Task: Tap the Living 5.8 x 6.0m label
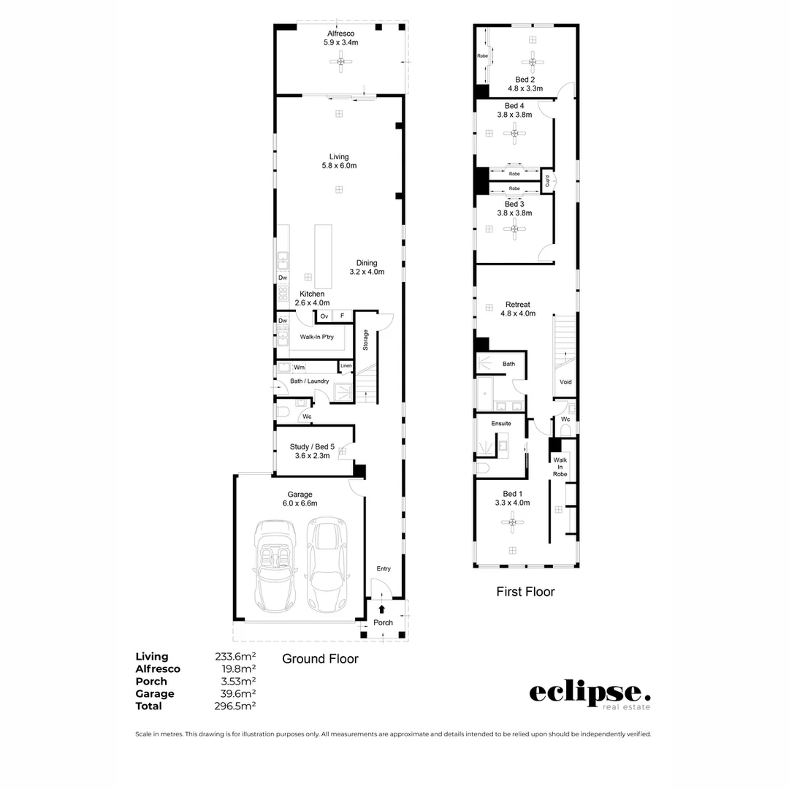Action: [x=339, y=161]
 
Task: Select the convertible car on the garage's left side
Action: [x=274, y=566]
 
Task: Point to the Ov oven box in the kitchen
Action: [x=324, y=316]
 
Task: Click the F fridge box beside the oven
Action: [x=342, y=316]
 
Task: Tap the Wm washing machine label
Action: [x=299, y=367]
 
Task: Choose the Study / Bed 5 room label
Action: [x=312, y=451]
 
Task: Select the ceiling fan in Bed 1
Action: [x=512, y=522]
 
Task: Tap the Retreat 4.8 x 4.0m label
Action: [x=518, y=309]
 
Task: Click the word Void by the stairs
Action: [x=565, y=382]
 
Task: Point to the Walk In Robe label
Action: [x=560, y=467]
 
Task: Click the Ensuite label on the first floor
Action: [x=501, y=423]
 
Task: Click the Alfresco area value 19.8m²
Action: [x=238, y=669]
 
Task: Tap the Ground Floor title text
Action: [x=320, y=659]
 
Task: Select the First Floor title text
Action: [x=525, y=592]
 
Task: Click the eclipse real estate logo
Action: [x=589, y=694]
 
